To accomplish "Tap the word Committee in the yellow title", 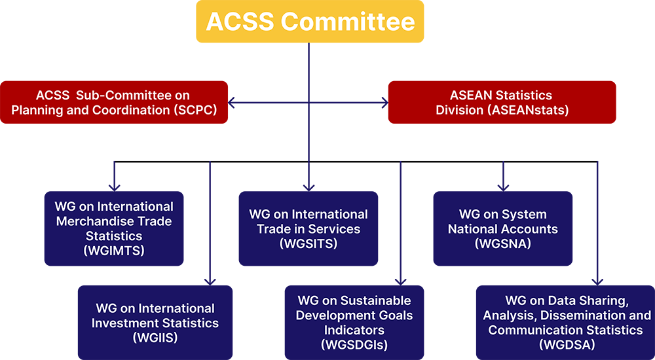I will (348, 22).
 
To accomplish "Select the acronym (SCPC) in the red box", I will (195, 110).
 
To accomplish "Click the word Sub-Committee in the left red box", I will (136, 96).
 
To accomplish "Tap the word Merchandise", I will (89, 221).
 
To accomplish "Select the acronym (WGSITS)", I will (309, 243).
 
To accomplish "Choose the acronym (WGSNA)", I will (502, 243).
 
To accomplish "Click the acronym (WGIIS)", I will (155, 338).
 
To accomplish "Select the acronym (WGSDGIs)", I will (354, 344).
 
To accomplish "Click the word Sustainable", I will (376, 300).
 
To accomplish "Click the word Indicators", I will (354, 330).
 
